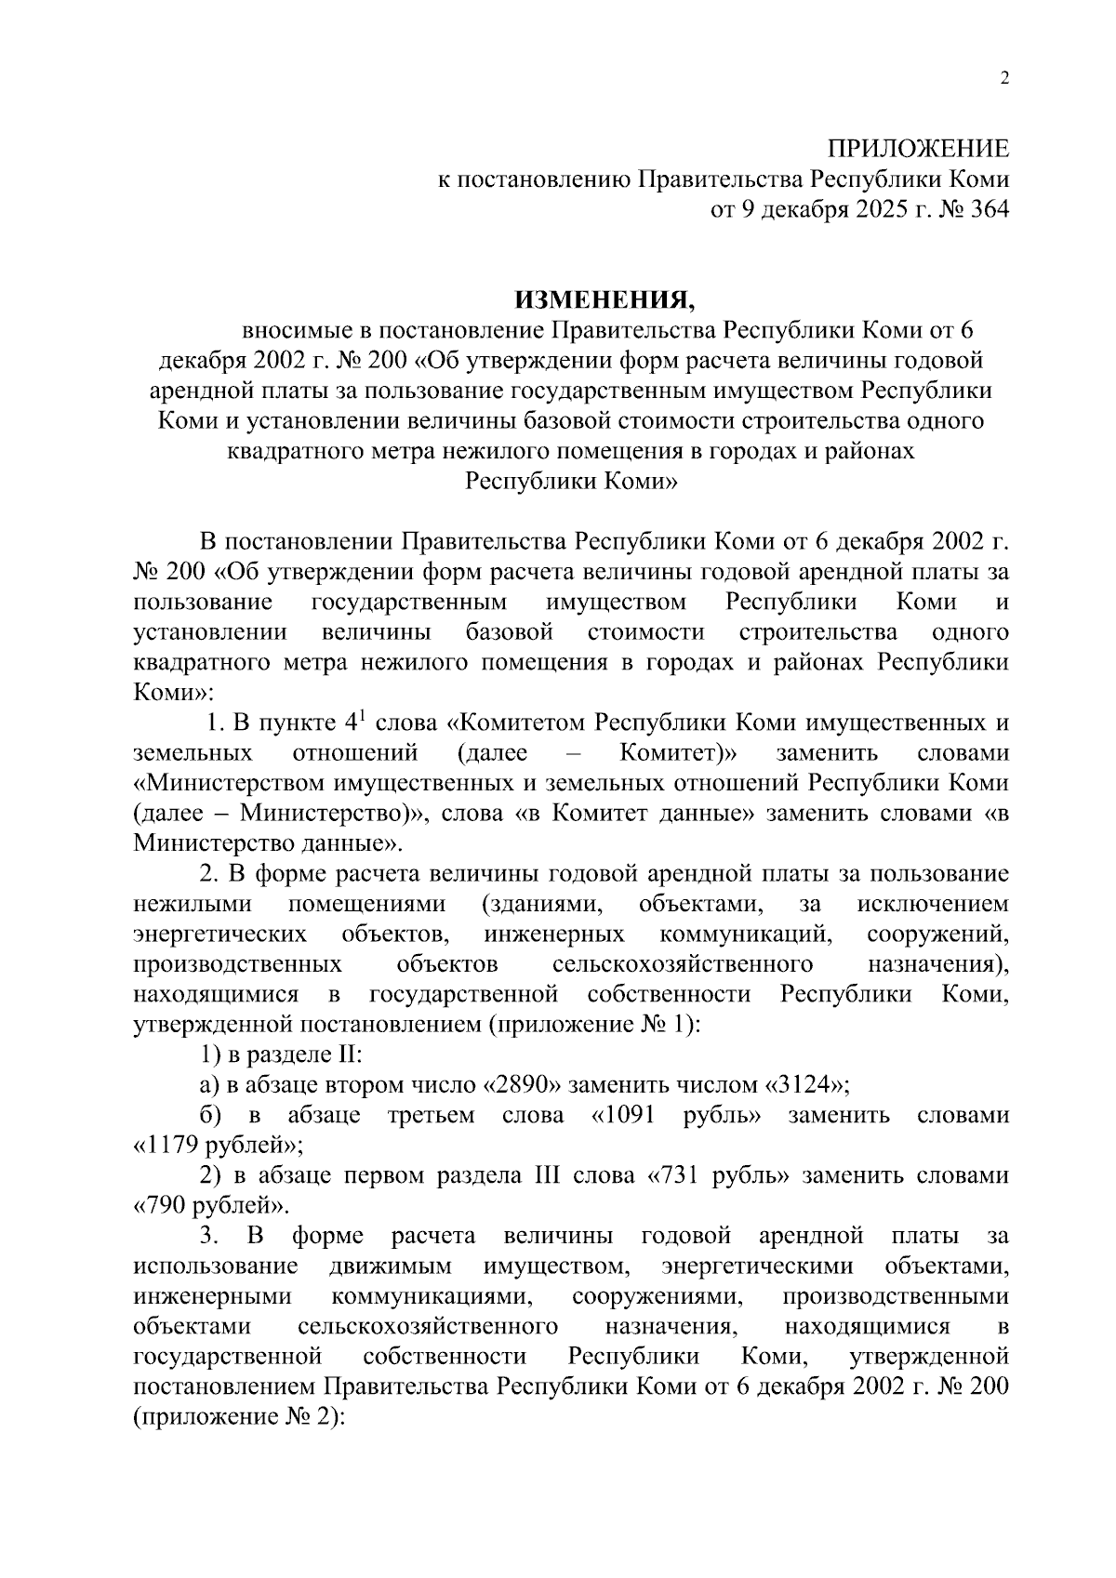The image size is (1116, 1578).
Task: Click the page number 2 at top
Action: pos(1003,79)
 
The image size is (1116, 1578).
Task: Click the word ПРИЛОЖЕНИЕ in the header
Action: pos(918,149)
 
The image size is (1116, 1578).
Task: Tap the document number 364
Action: pos(988,210)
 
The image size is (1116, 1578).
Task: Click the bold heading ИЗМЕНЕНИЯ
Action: pos(604,298)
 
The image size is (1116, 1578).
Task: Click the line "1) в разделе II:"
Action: pos(282,1054)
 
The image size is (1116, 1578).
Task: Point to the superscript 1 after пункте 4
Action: pos(362,714)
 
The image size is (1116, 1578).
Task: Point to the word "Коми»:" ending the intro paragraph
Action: pos(173,693)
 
